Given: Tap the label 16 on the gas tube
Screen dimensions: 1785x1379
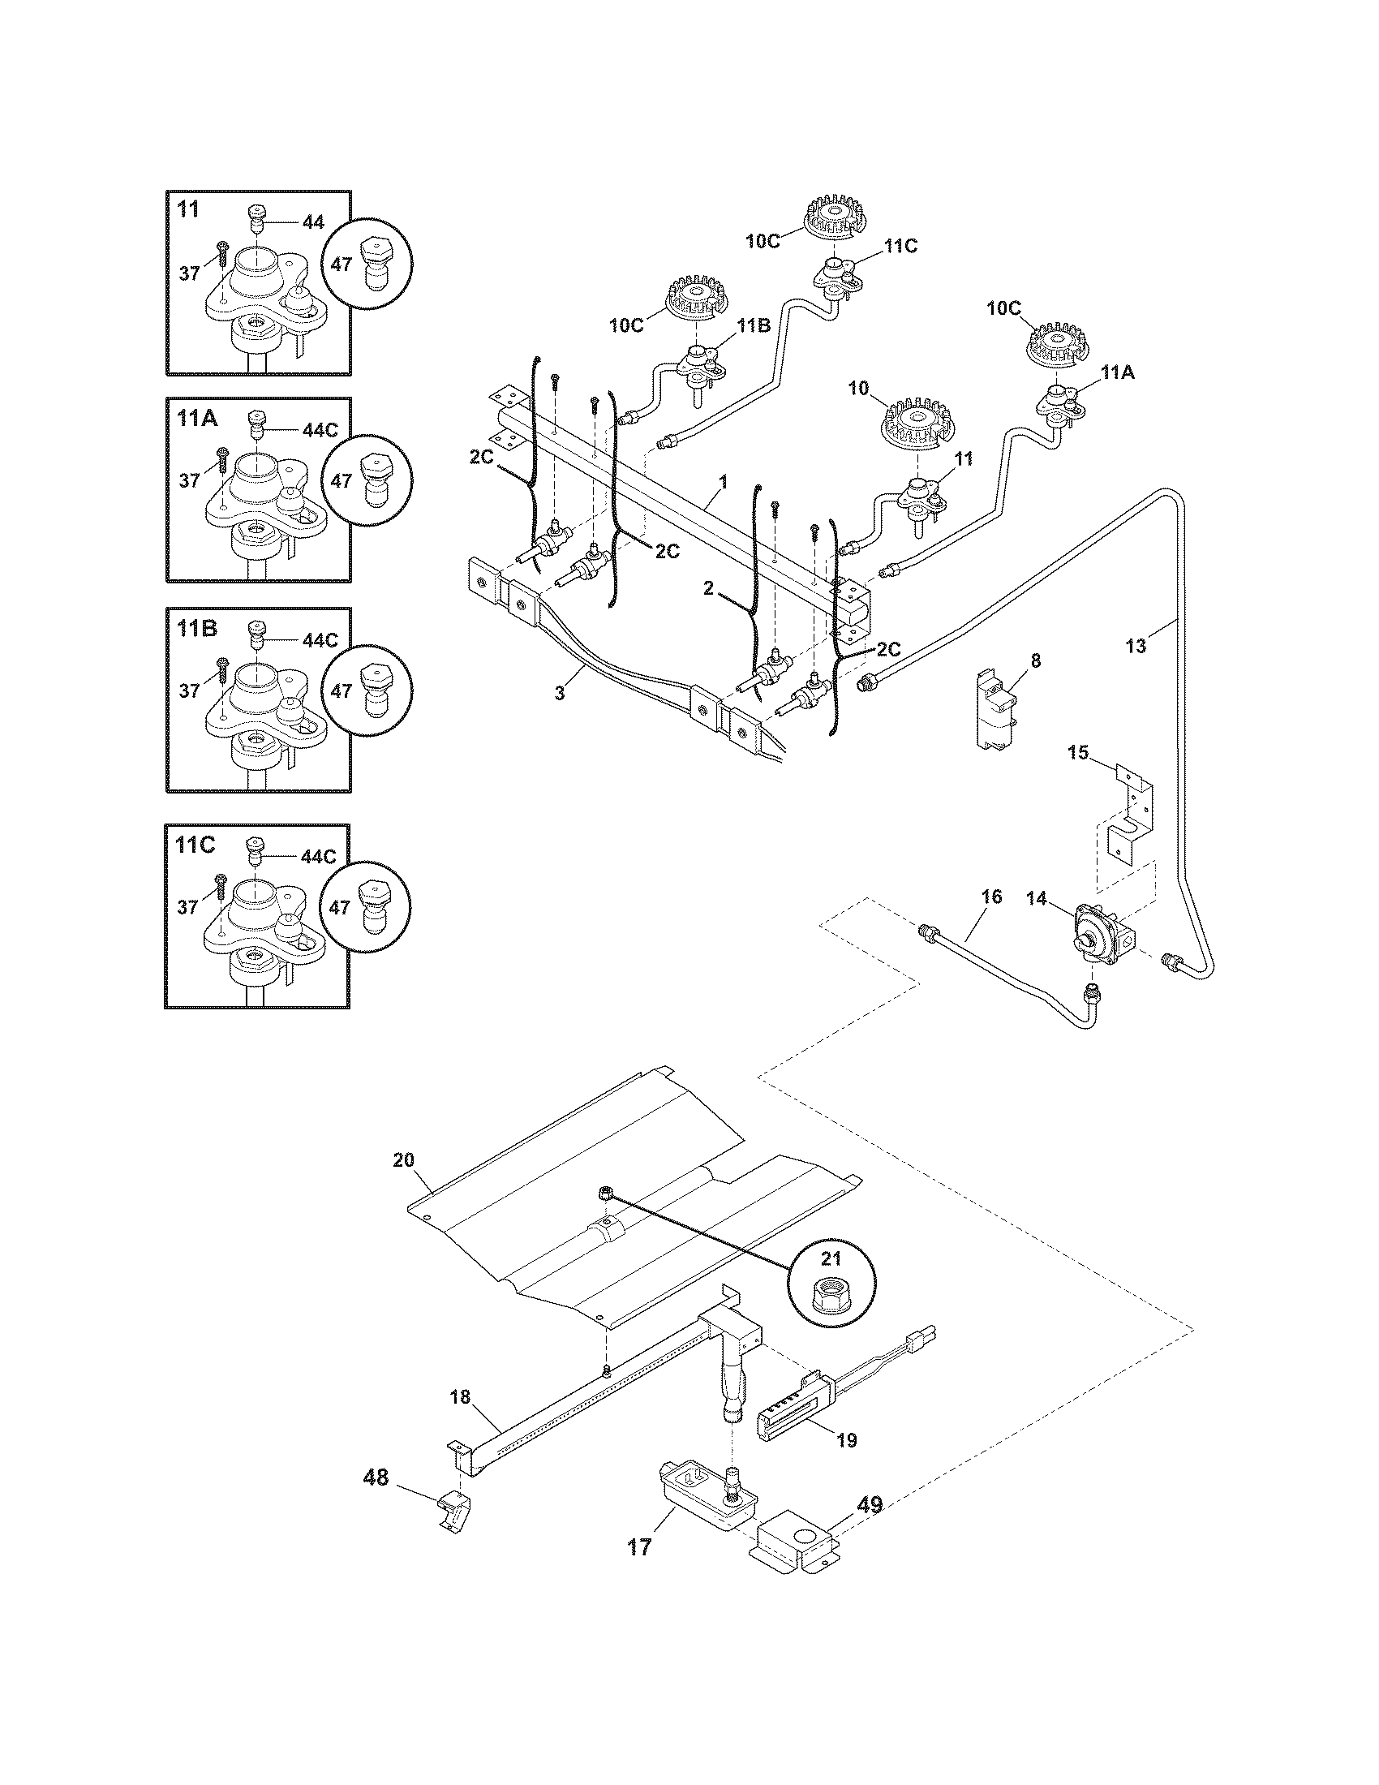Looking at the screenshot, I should point(990,897).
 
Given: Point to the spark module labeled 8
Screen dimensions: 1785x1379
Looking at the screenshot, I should point(995,704).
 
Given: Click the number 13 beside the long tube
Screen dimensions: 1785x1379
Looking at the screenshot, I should point(1136,647).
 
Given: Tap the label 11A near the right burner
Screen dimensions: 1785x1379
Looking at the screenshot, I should point(1117,373).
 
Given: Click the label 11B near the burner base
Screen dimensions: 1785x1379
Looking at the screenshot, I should point(753,325).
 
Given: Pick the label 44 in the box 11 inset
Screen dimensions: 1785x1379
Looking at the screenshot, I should point(312,222).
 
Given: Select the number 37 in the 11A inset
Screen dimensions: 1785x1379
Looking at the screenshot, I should point(190,480).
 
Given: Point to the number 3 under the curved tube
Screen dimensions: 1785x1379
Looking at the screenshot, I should point(560,693).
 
